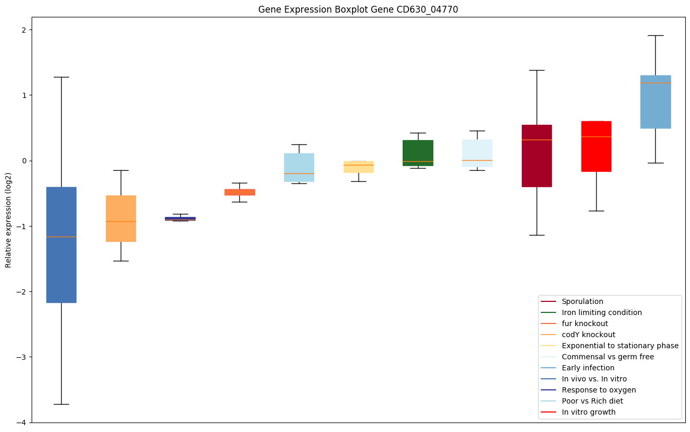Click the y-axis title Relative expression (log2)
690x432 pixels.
(x=8, y=220)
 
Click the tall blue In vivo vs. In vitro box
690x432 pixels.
(x=61, y=245)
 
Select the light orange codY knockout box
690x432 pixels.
(x=121, y=219)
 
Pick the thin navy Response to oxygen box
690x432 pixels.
(x=180, y=219)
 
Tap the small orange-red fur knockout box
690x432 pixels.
(x=240, y=192)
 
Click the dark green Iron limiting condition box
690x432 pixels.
(x=418, y=153)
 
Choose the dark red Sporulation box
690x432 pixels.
(x=537, y=156)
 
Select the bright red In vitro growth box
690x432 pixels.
(x=596, y=146)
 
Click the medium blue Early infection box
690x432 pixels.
(x=656, y=102)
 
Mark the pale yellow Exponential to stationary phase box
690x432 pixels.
(x=358, y=167)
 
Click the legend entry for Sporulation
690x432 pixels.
(x=582, y=301)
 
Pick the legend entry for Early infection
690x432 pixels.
(x=588, y=368)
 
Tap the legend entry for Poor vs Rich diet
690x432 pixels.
(x=592, y=401)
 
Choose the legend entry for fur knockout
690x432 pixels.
(x=585, y=323)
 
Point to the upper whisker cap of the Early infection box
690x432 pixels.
(x=656, y=35)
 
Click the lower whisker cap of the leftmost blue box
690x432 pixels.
(x=61, y=404)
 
